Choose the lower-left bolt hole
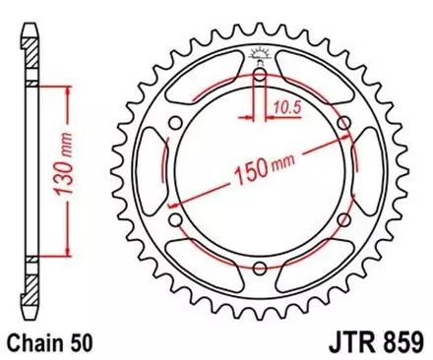pos(174,221)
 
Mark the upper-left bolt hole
pos(174,124)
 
